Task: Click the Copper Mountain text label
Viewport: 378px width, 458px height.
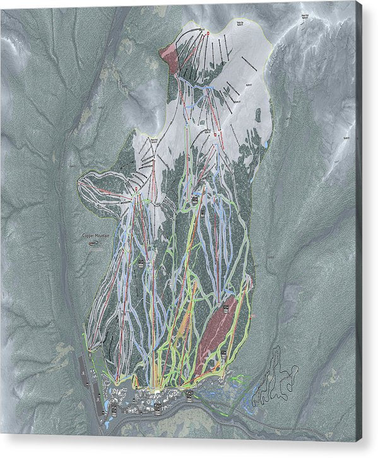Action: tap(96, 235)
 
